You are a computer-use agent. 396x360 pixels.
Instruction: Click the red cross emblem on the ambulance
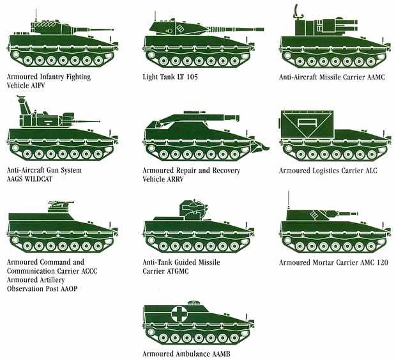180,315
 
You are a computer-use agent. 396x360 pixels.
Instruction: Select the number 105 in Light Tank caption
192,77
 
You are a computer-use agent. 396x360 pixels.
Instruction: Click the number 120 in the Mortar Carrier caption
382,263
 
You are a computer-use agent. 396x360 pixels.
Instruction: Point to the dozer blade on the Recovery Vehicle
259,146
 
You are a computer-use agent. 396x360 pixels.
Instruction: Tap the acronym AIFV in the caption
38,86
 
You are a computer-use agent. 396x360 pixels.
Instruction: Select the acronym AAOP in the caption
69,289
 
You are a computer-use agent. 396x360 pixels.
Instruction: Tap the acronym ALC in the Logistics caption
370,171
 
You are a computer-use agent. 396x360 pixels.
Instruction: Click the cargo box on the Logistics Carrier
307,124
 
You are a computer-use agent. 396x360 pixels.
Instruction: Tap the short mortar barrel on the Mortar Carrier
348,214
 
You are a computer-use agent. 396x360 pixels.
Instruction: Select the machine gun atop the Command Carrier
61,203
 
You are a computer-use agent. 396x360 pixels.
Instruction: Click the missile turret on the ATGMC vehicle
194,210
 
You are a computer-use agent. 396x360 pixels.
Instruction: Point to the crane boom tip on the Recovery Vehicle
237,118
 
